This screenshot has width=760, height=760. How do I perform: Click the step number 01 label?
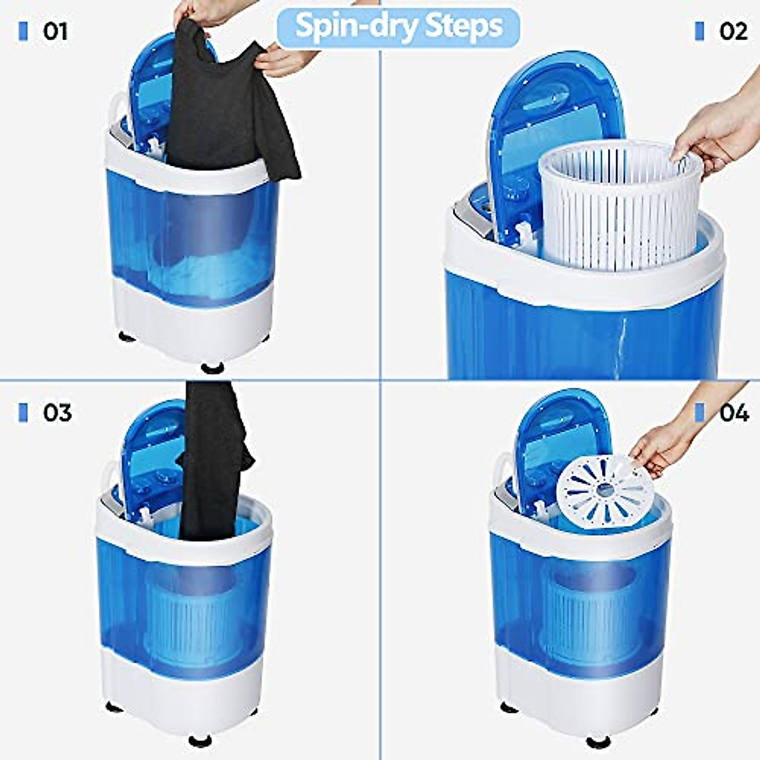click(55, 31)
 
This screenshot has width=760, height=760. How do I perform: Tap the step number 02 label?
click(733, 31)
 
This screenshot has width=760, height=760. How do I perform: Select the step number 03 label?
click(57, 413)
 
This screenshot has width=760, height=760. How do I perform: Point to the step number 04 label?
click(734, 413)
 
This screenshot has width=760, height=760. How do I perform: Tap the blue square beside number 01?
click(24, 31)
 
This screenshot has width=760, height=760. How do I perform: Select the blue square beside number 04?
click(699, 413)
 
